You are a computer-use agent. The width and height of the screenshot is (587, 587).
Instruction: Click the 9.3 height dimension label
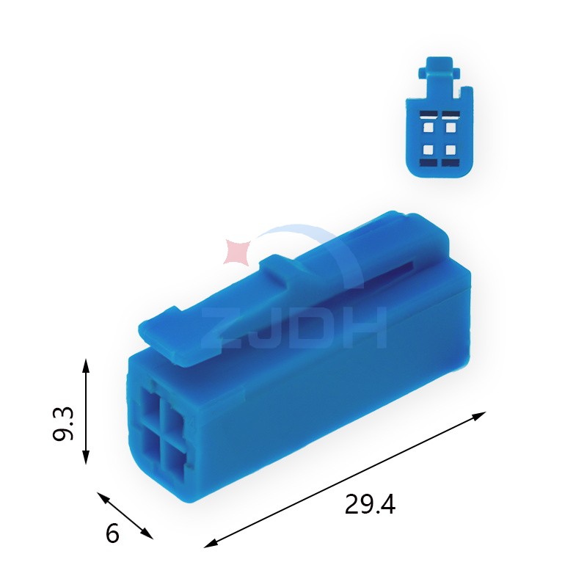click(63, 423)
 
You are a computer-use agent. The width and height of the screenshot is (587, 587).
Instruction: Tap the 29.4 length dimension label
click(370, 504)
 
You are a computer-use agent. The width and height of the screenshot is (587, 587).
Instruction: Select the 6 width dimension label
click(112, 533)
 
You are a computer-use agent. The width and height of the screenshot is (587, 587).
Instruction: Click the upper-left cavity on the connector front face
click(150, 405)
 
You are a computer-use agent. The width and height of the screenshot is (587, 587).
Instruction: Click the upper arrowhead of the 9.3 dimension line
click(86, 364)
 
